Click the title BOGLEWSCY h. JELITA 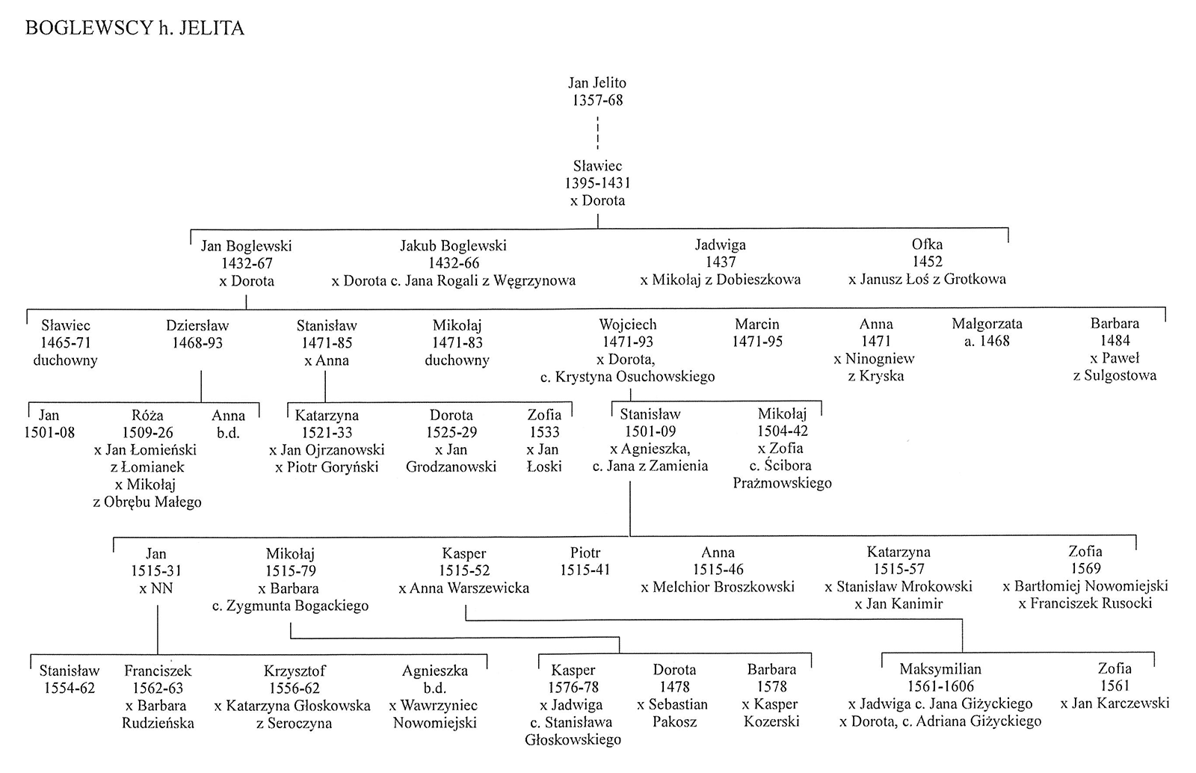(x=135, y=28)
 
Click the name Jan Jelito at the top (x=597, y=83)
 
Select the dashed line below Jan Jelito (x=597, y=133)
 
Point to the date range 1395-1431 (x=597, y=183)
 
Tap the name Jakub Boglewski (x=453, y=245)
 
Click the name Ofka (x=927, y=244)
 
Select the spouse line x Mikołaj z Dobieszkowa (x=721, y=279)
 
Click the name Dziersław (x=197, y=325)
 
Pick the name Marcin (x=756, y=324)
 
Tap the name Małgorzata (x=987, y=324)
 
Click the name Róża (x=147, y=416)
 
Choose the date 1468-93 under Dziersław (x=197, y=342)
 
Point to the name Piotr (x=585, y=552)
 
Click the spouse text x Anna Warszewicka (x=463, y=588)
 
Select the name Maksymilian (x=940, y=668)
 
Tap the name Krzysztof (x=295, y=670)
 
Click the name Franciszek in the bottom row (x=158, y=671)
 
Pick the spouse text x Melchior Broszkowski (x=718, y=587)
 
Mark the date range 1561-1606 (x=940, y=686)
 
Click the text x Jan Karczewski (x=1115, y=703)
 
